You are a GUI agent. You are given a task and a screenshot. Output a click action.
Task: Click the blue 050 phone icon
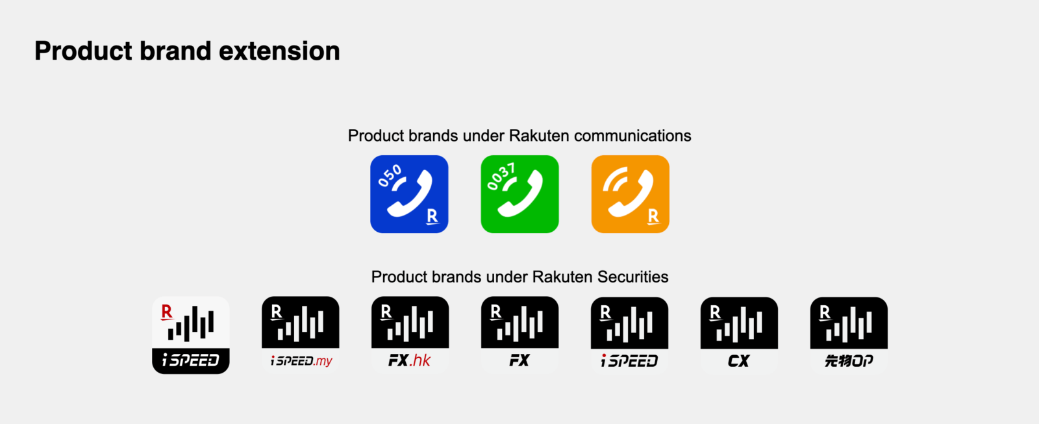[409, 194]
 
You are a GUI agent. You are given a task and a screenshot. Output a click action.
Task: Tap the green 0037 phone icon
[519, 194]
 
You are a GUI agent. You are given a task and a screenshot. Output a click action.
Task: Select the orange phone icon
[631, 194]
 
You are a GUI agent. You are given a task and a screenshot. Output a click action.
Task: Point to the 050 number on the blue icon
[390, 176]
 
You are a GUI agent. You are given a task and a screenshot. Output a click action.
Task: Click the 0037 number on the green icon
[501, 176]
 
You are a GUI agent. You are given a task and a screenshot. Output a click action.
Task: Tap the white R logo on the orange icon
[653, 216]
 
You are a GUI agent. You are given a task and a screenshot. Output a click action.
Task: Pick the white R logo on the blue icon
[432, 216]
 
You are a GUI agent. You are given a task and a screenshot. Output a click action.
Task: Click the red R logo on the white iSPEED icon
[166, 312]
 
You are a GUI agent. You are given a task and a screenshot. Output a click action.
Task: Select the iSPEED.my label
[301, 360]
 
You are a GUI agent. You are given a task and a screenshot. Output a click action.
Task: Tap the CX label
[738, 361]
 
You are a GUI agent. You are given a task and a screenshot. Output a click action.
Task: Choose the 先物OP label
[849, 360]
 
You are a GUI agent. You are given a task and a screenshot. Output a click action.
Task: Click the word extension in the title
[279, 51]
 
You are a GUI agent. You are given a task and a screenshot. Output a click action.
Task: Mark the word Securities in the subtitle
[632, 277]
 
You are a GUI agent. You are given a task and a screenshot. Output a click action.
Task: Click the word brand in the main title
[175, 51]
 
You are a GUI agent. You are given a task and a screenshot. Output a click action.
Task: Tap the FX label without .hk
[519, 360]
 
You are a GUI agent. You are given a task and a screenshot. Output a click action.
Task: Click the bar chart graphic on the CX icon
[739, 324]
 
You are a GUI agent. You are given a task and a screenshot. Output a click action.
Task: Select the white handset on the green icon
[520, 194]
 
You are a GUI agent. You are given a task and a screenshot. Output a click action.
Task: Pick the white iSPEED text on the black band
[191, 360]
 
